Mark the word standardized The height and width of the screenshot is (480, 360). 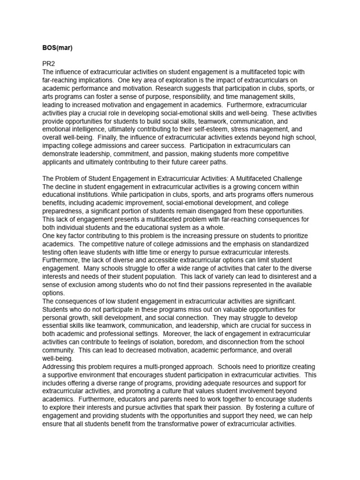(x=286, y=244)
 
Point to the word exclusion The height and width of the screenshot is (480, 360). (x=85, y=285)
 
